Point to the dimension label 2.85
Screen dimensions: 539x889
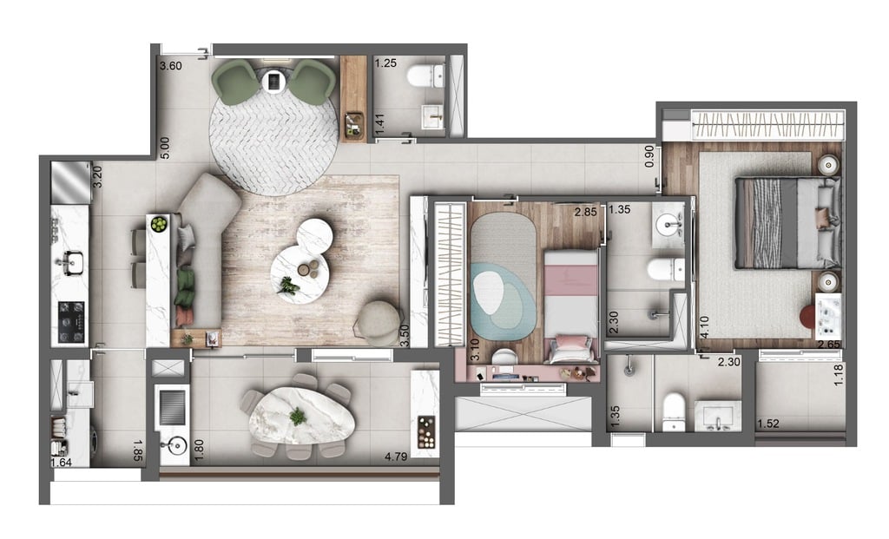586,211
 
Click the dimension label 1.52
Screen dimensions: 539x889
767,424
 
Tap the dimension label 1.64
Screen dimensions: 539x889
61,463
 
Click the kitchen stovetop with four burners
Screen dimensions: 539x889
71,320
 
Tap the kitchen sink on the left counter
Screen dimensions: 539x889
72,259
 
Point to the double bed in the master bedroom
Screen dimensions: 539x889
787,223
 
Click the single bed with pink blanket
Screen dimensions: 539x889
570,304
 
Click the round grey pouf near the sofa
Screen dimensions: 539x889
378,319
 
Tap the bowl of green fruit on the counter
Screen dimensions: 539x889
158,224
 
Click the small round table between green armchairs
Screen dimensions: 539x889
273,82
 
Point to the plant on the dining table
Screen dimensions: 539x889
299,416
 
